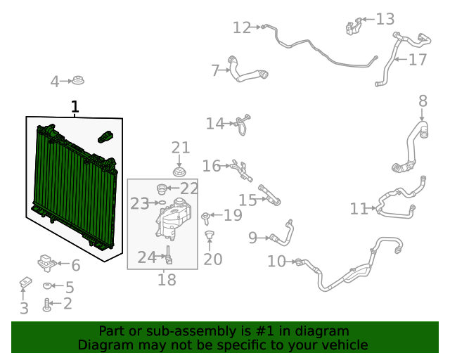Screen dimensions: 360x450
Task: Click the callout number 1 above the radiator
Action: click(x=75, y=107)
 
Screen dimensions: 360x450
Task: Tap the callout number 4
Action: click(x=55, y=82)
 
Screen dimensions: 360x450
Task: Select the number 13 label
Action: click(x=385, y=19)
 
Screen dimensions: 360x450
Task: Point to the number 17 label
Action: click(x=418, y=59)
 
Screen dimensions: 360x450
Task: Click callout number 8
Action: click(x=423, y=101)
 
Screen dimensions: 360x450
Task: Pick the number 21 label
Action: click(x=181, y=148)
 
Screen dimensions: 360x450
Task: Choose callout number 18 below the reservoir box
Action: click(x=167, y=280)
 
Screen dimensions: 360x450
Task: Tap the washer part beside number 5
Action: click(x=48, y=286)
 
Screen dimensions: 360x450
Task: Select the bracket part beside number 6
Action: click(x=46, y=263)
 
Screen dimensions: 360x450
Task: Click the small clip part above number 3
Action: click(x=25, y=283)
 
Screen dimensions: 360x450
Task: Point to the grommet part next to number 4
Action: click(x=78, y=82)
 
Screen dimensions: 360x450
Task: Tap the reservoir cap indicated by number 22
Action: click(x=162, y=188)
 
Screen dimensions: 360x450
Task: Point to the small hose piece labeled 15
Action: click(x=270, y=195)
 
